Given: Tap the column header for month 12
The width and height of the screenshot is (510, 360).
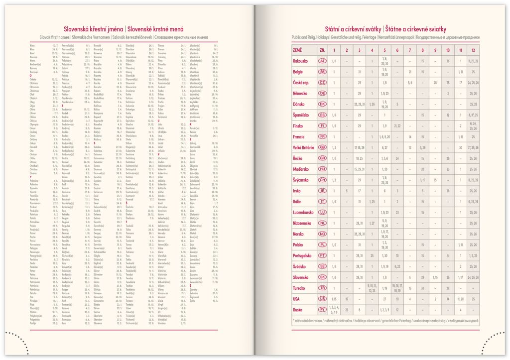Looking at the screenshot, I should pyautogui.click(x=473, y=50).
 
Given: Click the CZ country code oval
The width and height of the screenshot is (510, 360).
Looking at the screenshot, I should pyautogui.click(x=323, y=83).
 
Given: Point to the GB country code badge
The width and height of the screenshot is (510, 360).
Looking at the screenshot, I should pyautogui.click(x=323, y=147).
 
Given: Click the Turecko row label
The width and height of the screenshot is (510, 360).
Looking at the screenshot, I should pyautogui.click(x=299, y=288).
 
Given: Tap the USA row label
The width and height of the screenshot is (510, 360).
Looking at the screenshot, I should pyautogui.click(x=296, y=299).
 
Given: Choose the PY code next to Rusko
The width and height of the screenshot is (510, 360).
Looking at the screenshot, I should pyautogui.click(x=323, y=310).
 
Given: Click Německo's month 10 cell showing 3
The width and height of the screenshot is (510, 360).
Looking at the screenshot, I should pyautogui.click(x=448, y=93).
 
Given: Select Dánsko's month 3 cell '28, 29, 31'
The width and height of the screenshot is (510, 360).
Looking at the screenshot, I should pyautogui.click(x=359, y=104).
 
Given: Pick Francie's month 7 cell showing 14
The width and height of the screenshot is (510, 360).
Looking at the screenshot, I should pyautogui.click(x=410, y=136).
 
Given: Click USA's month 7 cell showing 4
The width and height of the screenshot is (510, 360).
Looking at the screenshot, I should pyautogui.click(x=410, y=299).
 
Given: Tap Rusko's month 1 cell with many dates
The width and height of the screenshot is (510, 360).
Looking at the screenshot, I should pyautogui.click(x=334, y=310).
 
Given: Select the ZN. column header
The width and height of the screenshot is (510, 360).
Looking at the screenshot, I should pyautogui.click(x=323, y=50).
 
